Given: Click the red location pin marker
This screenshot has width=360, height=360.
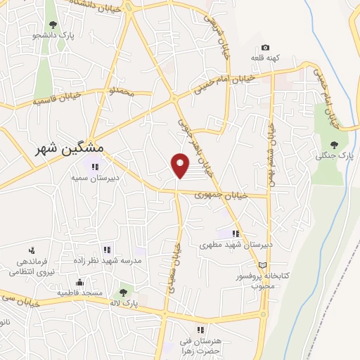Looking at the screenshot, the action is click(181, 165).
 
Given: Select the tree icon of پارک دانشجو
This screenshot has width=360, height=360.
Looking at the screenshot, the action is click(53, 25).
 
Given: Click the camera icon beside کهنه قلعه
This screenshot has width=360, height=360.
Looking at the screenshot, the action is click(264, 47).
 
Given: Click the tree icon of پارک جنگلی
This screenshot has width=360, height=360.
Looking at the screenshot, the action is click(334, 144).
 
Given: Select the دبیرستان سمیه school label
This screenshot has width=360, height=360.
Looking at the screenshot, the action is click(89, 177).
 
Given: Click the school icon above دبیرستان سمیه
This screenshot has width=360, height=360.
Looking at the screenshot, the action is click(95, 167).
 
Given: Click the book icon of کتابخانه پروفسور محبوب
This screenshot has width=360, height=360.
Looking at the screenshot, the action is click(263, 264).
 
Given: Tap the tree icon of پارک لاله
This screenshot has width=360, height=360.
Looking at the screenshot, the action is click(124, 291).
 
